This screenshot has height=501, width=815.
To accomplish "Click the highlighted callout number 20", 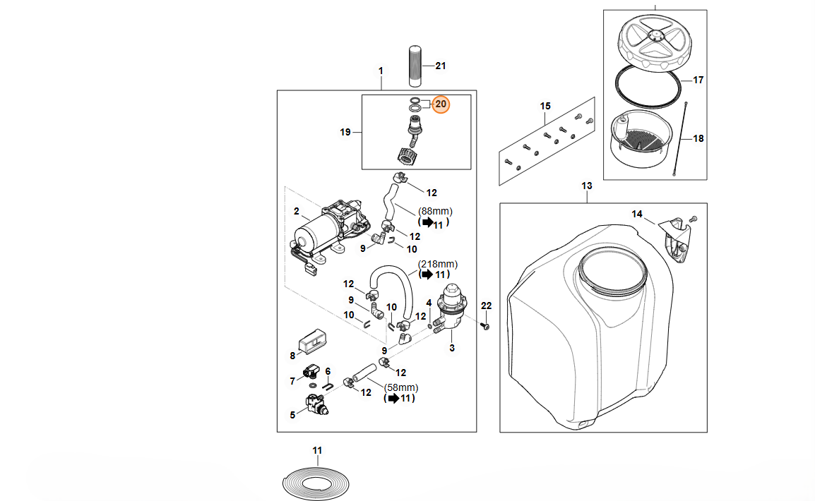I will (441, 104).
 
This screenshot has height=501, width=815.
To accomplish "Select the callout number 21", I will (441, 66).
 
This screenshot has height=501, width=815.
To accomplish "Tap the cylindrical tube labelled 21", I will (415, 64).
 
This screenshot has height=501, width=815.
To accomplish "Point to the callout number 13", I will (587, 186).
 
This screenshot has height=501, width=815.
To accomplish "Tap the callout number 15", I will (545, 106).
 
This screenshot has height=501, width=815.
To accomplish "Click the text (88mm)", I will (435, 211).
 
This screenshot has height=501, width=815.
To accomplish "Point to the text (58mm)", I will (401, 387).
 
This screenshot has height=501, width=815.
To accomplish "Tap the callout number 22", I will (486, 306).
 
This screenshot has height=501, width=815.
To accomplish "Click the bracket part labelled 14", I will (674, 239).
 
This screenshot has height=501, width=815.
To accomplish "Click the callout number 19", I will (345, 132).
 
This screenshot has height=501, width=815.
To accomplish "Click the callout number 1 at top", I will (381, 71).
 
